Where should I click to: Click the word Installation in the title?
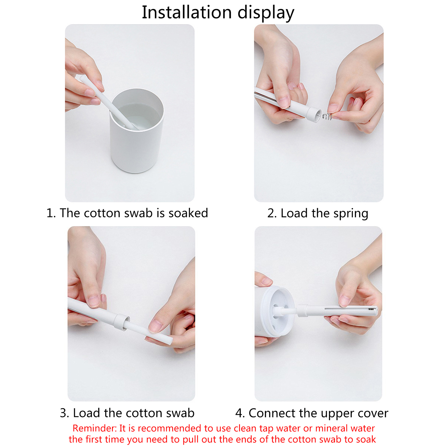(x=187, y=13)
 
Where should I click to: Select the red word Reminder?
(x=95, y=428)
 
